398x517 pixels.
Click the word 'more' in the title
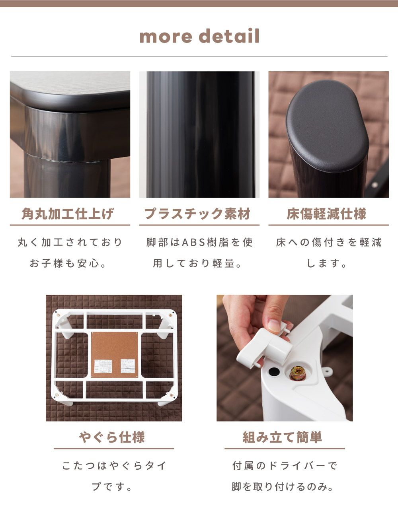click(166, 36)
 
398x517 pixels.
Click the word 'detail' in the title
click(229, 36)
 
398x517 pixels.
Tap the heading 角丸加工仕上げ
click(68, 214)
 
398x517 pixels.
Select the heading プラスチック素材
click(197, 214)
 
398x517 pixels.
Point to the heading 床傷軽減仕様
click(326, 214)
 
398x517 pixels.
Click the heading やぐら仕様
click(112, 437)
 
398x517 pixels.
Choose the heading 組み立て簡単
click(282, 437)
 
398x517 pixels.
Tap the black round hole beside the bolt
click(274, 371)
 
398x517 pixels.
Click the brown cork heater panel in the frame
click(115, 355)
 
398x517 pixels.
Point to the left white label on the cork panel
click(103, 367)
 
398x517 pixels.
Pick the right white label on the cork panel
click(128, 366)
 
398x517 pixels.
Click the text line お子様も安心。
click(68, 263)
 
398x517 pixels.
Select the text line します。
click(326, 263)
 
